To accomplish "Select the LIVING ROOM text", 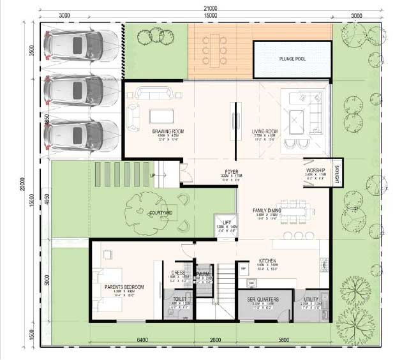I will (263, 131).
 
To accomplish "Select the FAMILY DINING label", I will (268, 210).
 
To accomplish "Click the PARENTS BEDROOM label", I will (124, 288).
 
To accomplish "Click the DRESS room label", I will (179, 273).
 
